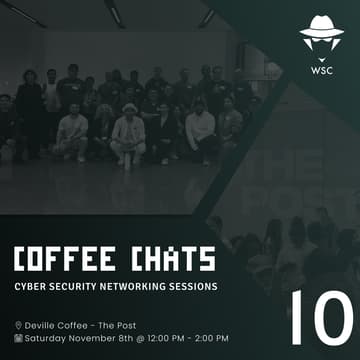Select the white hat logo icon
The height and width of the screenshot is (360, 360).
click(321, 35)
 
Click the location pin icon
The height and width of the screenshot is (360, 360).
click(18, 325)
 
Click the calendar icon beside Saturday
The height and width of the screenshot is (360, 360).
click(18, 338)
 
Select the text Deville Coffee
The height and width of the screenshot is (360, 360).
click(59, 325)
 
